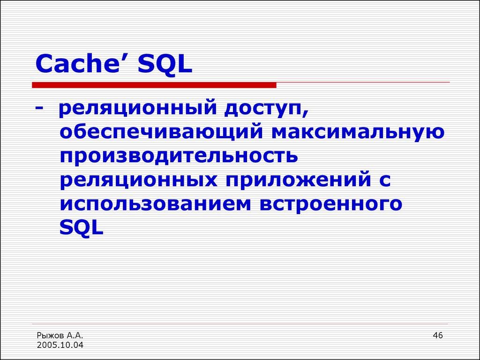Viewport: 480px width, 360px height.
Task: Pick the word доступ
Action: tap(265, 109)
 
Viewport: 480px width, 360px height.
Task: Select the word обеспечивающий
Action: tap(159, 133)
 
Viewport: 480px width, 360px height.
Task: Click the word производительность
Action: tap(179, 156)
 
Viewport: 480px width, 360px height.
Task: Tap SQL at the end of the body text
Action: tap(81, 228)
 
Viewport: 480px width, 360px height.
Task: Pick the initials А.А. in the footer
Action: tap(75, 336)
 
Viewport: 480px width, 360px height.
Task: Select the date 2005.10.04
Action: tap(60, 345)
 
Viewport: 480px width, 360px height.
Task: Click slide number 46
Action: tap(438, 335)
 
